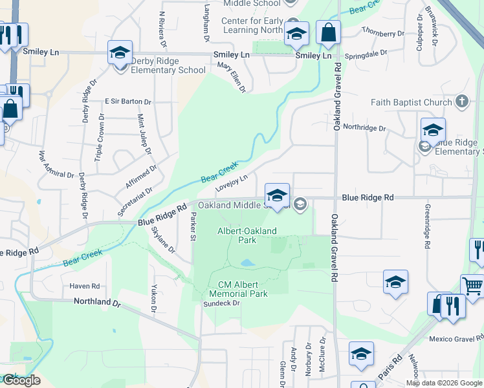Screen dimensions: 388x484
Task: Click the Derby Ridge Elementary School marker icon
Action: [x=120, y=52]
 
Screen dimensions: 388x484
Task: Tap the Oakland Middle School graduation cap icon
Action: [x=277, y=195]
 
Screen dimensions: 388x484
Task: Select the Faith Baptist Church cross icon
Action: [x=461, y=102]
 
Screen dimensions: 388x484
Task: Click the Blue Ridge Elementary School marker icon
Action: [x=433, y=129]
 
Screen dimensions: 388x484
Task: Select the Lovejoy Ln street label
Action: [x=232, y=183]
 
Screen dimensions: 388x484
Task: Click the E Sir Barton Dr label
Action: [x=127, y=102]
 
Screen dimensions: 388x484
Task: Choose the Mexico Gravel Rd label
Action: [x=456, y=339]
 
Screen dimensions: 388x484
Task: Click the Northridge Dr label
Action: [x=364, y=128]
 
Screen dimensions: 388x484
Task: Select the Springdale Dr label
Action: [x=366, y=53]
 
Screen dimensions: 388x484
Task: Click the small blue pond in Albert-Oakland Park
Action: [x=247, y=263]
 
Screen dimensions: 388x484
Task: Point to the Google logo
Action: [x=21, y=380]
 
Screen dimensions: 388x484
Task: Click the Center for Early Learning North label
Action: [x=252, y=25]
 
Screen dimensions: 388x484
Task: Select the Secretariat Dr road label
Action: [x=135, y=202]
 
